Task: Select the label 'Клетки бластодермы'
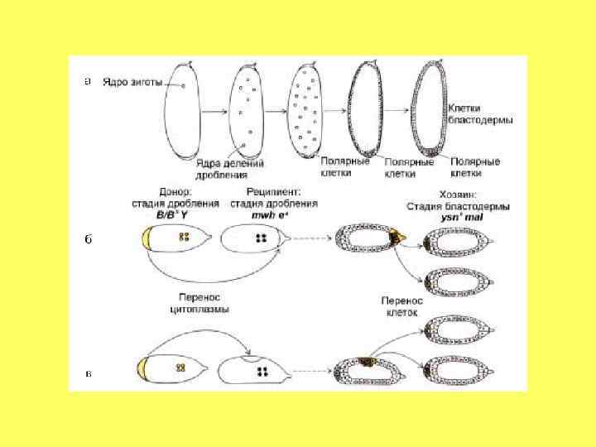point(480,113)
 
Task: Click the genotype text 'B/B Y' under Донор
point(175,214)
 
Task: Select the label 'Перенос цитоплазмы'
point(195,303)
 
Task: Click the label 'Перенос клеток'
point(401,308)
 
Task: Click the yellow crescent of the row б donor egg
point(147,239)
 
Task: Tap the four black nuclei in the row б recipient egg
point(262,238)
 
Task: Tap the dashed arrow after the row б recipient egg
point(311,238)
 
